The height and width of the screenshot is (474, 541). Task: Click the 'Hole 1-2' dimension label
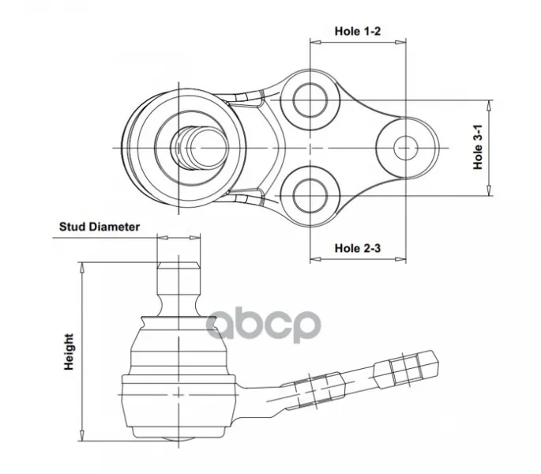358,31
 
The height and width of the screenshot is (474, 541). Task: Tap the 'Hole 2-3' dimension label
358,248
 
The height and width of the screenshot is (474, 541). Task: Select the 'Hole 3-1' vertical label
478,148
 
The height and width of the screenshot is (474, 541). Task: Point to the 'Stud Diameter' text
100,227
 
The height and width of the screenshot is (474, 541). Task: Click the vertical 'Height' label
69,352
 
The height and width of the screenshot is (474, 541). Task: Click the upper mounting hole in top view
310,100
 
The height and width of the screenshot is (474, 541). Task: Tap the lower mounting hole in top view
310,196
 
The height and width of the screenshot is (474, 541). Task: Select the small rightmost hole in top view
406,148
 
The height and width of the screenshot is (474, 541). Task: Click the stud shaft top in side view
178,265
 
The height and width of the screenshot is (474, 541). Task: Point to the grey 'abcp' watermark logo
264,325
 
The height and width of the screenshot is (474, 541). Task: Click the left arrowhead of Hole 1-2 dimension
316,43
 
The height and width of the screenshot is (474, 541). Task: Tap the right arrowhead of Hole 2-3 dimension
400,259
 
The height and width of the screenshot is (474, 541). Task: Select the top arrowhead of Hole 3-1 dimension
489,106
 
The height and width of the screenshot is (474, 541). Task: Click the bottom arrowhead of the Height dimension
82,435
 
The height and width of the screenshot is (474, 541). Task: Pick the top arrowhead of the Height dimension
82,268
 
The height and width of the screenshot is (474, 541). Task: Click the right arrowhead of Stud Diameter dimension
195,238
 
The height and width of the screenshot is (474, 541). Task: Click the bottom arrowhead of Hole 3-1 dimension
489,190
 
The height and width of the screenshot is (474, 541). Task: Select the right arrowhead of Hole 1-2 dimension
400,43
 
